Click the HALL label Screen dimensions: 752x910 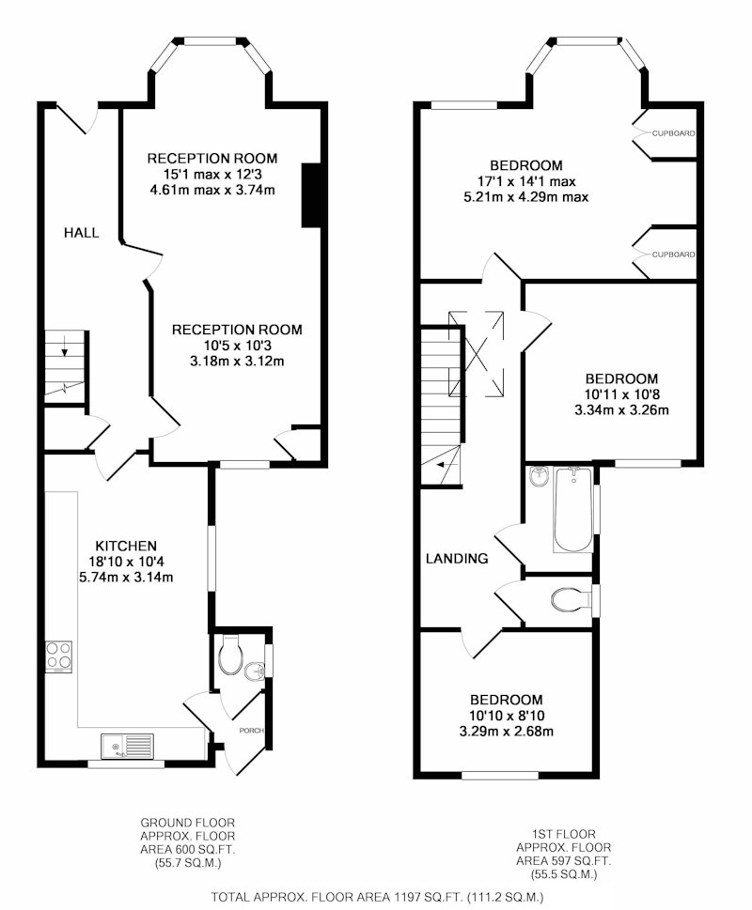tap(81, 233)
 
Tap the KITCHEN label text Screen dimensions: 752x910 tap(126, 547)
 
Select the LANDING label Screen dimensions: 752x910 tap(457, 559)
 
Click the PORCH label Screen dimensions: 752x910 tap(251, 730)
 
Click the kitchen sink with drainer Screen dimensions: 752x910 tap(127, 746)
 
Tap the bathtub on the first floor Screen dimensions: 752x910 tap(573, 509)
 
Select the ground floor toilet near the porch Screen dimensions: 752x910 tap(229, 656)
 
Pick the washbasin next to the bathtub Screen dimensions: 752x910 tap(540, 477)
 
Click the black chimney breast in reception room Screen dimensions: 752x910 tap(311, 195)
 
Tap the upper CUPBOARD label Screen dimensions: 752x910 tap(673, 133)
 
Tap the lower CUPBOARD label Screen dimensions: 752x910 tap(673, 254)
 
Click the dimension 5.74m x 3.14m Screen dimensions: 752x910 tap(126, 578)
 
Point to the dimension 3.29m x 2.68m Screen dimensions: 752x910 tap(507, 732)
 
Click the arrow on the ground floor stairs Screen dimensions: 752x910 tap(64, 347)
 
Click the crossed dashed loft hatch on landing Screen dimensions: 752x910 tap(477, 354)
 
